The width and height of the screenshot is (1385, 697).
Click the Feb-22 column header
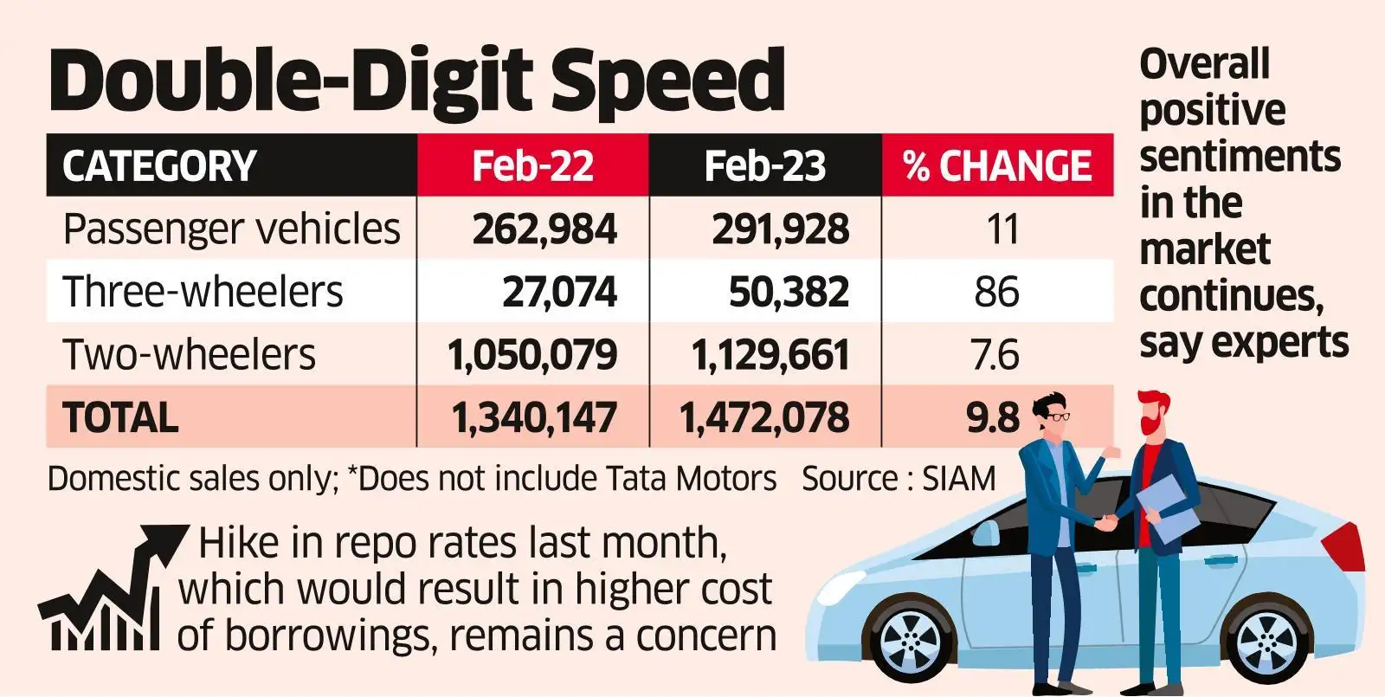click(532, 165)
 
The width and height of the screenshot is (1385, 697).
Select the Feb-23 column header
click(765, 165)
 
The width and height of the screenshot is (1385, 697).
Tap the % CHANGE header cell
click(997, 165)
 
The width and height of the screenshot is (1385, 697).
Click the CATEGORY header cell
click(159, 165)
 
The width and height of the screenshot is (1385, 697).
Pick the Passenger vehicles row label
click(231, 229)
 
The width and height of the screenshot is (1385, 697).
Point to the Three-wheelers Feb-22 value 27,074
click(559, 292)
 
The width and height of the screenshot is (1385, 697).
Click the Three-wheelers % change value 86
click(996, 292)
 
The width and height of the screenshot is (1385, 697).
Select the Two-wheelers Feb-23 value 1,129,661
click(770, 355)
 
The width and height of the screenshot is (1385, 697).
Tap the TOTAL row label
click(120, 417)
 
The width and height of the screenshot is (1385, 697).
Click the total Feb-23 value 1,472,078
click(764, 417)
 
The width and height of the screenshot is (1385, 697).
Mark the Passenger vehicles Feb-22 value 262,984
click(544, 229)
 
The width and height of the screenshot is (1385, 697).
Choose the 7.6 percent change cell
click(995, 355)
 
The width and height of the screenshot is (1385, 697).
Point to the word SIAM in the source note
click(958, 479)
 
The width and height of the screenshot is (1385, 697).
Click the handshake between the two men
click(1105, 523)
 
